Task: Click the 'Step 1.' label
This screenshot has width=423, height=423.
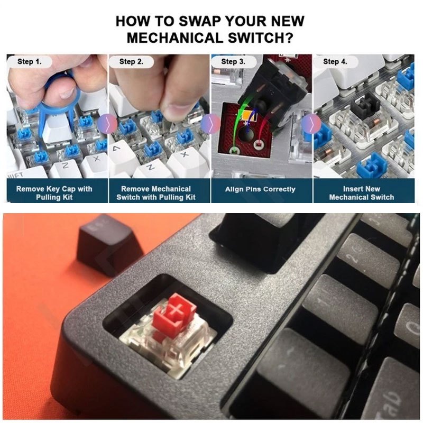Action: click(x=30, y=62)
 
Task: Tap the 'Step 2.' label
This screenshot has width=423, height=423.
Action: click(x=131, y=62)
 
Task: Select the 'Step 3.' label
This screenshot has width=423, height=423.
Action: click(x=233, y=62)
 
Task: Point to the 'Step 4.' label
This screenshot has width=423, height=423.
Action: click(x=335, y=62)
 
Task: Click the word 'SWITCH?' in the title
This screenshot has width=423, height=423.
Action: click(x=261, y=38)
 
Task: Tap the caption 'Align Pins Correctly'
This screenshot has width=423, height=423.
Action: click(x=260, y=189)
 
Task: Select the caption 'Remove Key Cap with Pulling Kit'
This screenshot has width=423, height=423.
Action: click(x=54, y=193)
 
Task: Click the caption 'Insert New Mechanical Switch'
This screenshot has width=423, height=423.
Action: click(x=362, y=193)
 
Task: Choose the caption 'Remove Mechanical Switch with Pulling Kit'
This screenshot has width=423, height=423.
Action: click(x=156, y=193)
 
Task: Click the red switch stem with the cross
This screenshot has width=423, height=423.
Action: click(x=176, y=310)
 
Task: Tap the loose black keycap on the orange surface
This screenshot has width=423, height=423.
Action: click(x=108, y=244)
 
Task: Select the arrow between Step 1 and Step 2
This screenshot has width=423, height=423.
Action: click(x=108, y=124)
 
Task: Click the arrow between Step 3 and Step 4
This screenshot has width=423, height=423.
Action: click(x=311, y=124)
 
